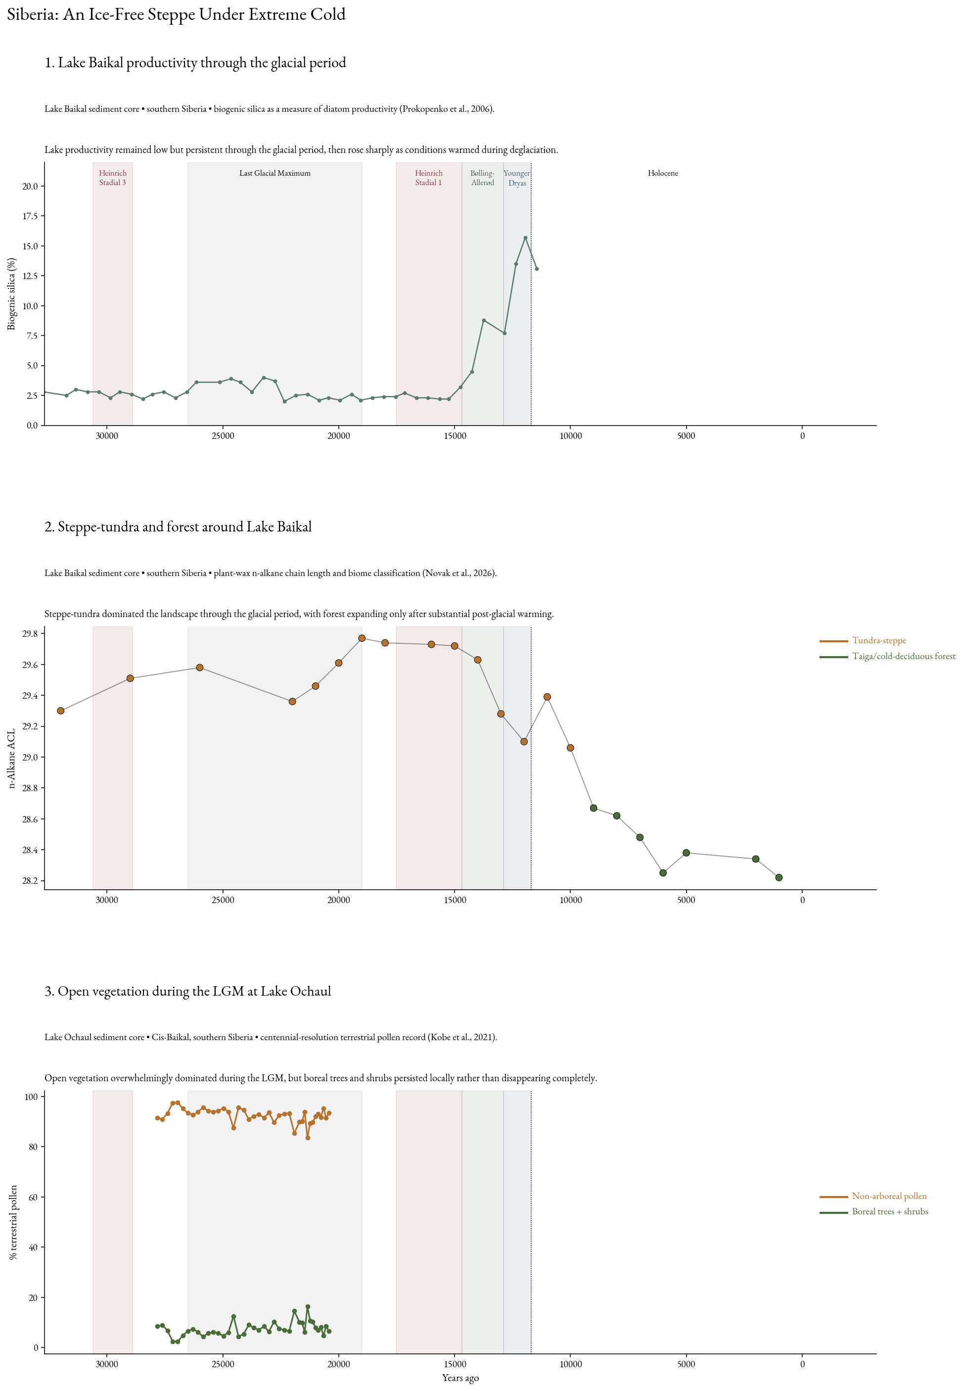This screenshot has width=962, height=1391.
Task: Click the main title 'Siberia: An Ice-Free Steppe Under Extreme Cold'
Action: tap(176, 14)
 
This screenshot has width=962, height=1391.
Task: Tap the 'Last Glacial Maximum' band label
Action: tap(275, 173)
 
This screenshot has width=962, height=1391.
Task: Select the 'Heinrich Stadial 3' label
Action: tap(113, 178)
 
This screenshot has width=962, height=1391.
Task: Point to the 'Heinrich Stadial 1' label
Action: tap(428, 178)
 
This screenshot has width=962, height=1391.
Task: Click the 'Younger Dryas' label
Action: tap(517, 178)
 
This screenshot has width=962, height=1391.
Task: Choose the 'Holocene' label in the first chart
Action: tap(663, 173)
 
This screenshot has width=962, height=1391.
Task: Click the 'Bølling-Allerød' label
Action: tap(483, 178)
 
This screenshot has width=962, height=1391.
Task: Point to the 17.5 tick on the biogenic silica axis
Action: tap(30, 216)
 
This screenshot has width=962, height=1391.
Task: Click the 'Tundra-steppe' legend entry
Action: tap(863, 640)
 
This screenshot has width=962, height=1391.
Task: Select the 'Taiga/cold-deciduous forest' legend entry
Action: tap(887, 656)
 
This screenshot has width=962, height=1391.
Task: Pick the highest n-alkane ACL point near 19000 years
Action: tap(362, 638)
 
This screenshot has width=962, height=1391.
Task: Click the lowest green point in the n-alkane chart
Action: tap(779, 877)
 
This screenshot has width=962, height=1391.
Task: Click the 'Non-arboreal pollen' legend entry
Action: tap(873, 1196)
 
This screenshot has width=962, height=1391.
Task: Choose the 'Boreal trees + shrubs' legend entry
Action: tap(874, 1212)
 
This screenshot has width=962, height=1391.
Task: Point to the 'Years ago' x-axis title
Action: tap(460, 1378)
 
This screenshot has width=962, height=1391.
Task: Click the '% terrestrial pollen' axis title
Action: tap(13, 1222)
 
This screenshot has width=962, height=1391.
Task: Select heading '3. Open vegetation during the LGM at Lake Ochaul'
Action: tap(187, 991)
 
